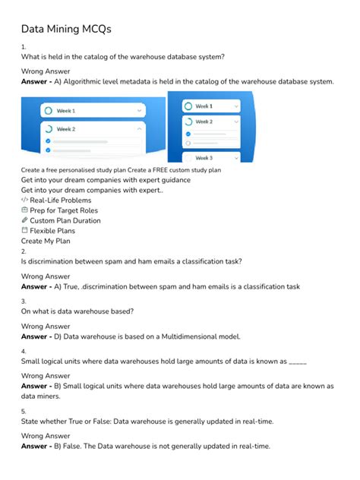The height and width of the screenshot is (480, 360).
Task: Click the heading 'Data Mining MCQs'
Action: click(x=65, y=29)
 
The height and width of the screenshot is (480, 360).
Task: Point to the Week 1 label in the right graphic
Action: click(x=204, y=106)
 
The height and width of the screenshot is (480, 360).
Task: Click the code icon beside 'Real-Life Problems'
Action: click(x=24, y=200)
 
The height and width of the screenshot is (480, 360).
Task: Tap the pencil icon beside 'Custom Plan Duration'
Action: click(x=24, y=220)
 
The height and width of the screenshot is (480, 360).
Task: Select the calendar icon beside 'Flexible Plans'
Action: click(x=24, y=230)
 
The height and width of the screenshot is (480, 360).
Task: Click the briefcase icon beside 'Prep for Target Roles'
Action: click(x=24, y=210)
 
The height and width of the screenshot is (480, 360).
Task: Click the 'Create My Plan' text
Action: click(x=46, y=241)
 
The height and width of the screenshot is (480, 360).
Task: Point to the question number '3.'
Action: click(x=24, y=302)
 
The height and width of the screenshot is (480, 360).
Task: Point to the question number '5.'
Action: click(x=24, y=411)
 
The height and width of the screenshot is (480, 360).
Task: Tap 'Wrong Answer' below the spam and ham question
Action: click(x=46, y=277)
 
